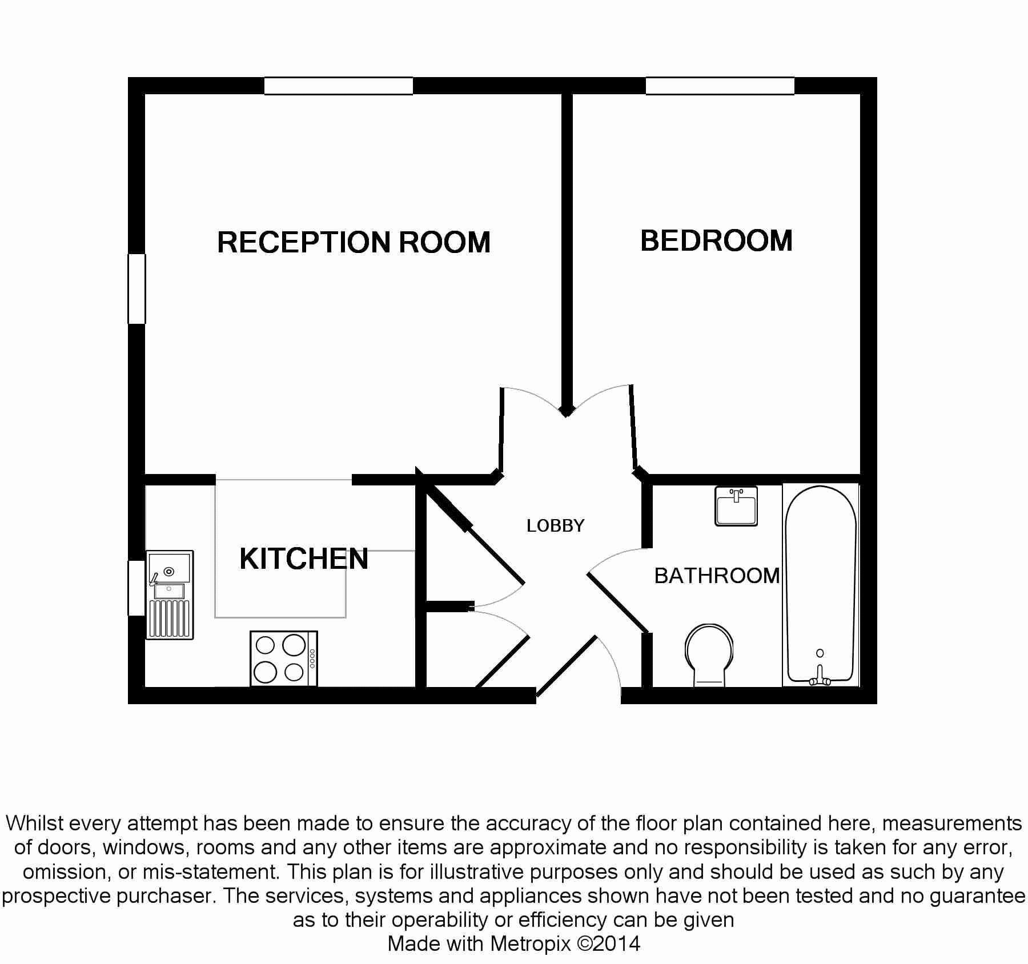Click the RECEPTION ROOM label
[x=354, y=242]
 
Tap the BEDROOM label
[x=717, y=240]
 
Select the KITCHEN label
[x=304, y=559]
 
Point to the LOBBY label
[x=556, y=525]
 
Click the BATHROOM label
[x=717, y=576]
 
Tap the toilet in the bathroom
[x=709, y=655]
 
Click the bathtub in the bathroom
[x=821, y=585]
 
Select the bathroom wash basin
[x=736, y=506]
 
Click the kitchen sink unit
[x=170, y=595]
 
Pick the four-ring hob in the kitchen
[x=284, y=658]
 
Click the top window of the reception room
[x=338, y=86]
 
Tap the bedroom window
[x=720, y=86]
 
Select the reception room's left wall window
[x=136, y=289]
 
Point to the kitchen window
[x=136, y=588]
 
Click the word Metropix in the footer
[x=530, y=943]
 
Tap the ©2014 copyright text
[x=609, y=943]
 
